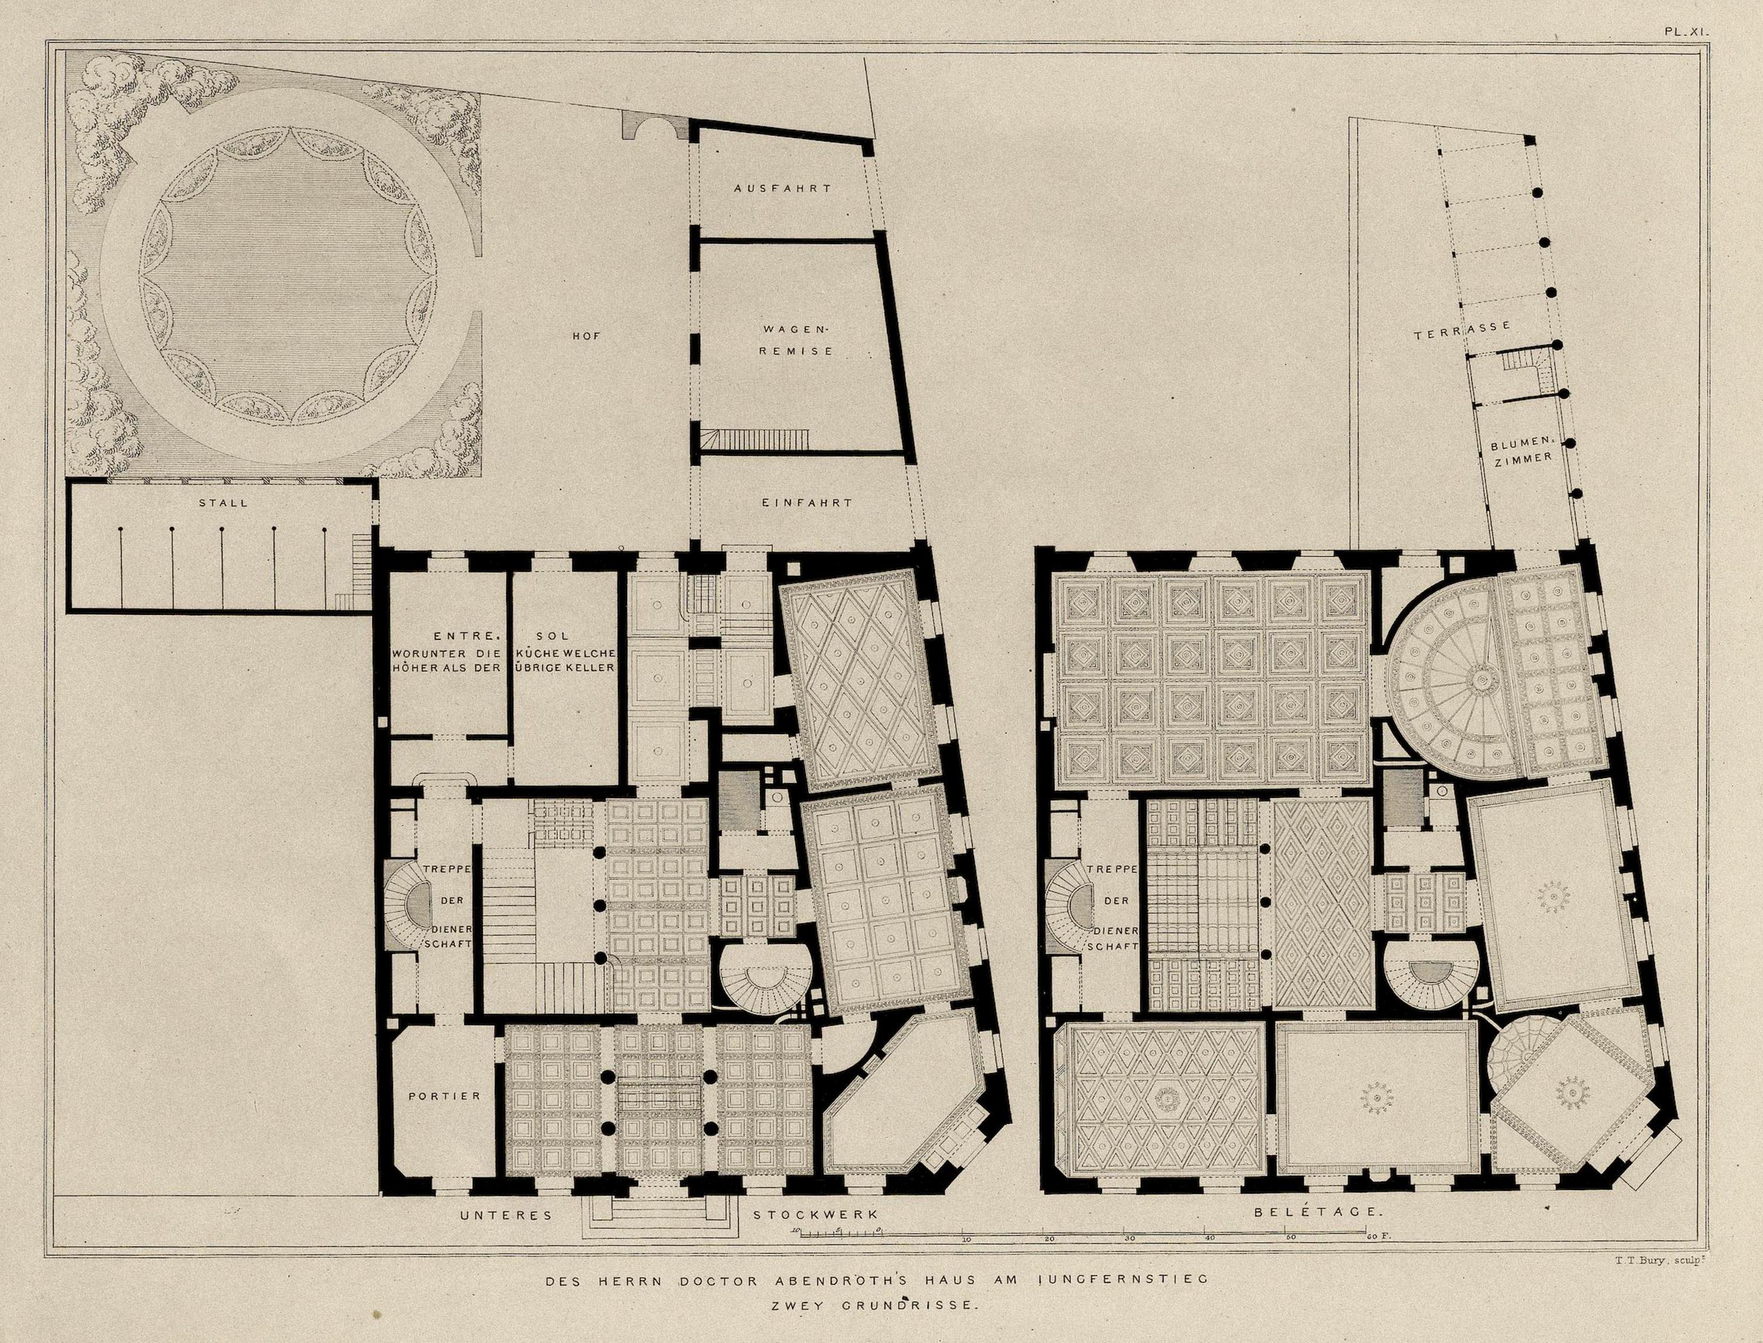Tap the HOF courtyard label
[x=586, y=337]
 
